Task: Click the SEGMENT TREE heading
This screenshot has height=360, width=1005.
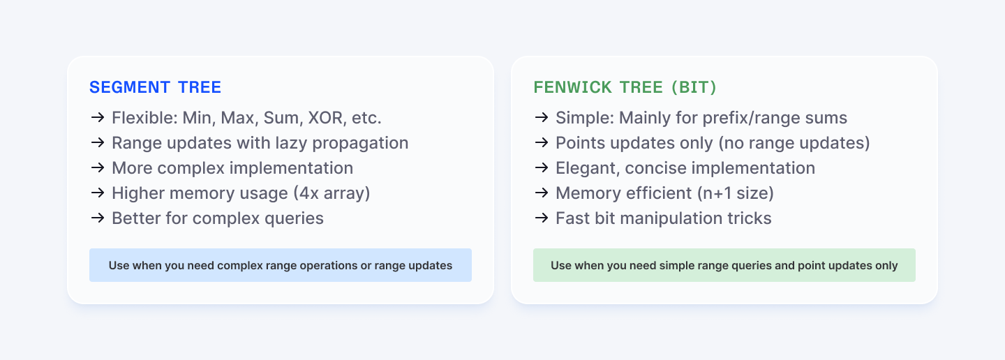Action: pyautogui.click(x=155, y=87)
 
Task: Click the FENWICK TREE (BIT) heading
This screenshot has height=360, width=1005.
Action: pyautogui.click(x=625, y=87)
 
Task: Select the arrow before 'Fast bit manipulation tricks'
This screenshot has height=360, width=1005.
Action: pyautogui.click(x=541, y=218)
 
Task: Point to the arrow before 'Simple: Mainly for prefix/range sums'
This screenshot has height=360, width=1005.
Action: pyautogui.click(x=541, y=117)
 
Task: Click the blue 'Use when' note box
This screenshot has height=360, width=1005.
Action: pyautogui.click(x=280, y=265)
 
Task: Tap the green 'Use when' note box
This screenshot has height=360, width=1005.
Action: pyautogui.click(x=724, y=265)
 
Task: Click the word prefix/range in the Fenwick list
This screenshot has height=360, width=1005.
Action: pyautogui.click(x=754, y=117)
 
